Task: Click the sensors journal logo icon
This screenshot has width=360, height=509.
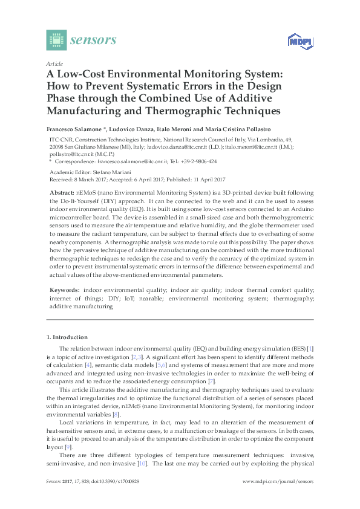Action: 56,40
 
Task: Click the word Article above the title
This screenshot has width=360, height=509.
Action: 53,63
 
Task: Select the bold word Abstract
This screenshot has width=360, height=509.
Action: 62,192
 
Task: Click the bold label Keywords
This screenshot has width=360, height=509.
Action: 63,291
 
